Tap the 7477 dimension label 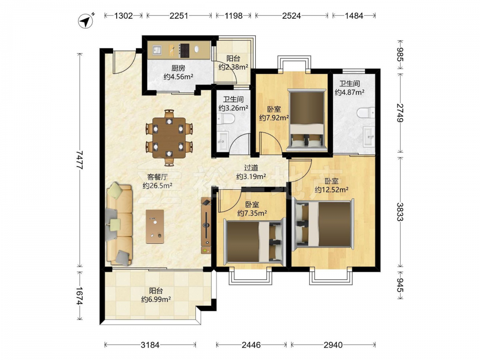point(80,160)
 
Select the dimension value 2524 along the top point(291,16)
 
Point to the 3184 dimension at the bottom point(150,345)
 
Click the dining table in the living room point(169,138)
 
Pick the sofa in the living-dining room point(119,224)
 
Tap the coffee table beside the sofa point(155,227)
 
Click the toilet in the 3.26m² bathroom point(225,119)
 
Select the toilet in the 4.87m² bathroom point(366,113)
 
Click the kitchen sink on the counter point(157,50)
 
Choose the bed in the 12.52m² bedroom point(324,225)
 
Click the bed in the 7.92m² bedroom point(307,120)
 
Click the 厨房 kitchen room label point(178,68)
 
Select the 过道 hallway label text point(251,168)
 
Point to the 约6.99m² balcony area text point(156,300)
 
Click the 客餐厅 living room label point(157,177)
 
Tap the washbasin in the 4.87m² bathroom point(369,136)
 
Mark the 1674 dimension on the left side point(80,296)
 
